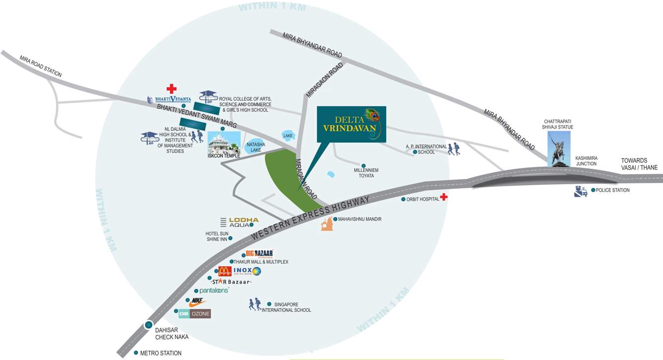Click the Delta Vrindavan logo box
351,124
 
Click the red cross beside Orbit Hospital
444,198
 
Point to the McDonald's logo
225,271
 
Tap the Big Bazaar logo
260,253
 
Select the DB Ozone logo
195,314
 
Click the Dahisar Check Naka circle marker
148,325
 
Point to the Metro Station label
161,353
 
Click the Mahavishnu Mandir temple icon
326,224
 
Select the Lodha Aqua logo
239,222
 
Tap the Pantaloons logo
214,290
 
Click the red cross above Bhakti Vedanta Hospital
171,89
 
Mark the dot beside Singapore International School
269,304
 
